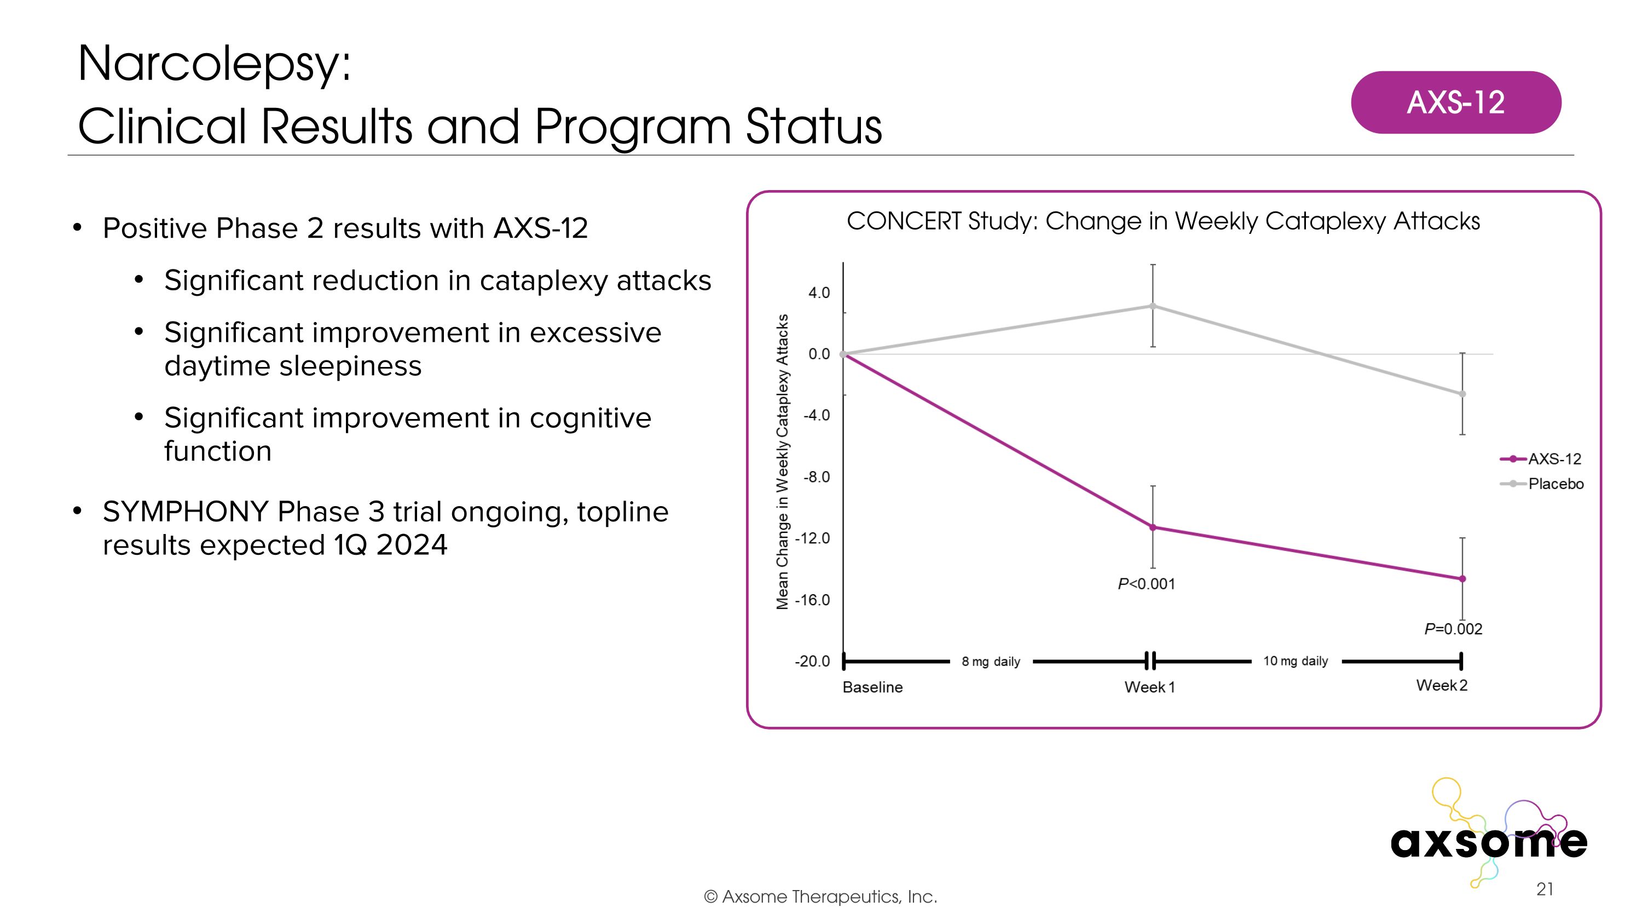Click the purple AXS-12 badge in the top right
coord(1455,102)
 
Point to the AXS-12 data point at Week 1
coord(1153,527)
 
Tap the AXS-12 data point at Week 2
coord(1462,579)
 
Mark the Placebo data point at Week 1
coord(1153,306)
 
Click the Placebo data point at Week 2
coord(1462,394)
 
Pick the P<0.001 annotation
coord(1146,584)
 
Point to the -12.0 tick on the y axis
coord(812,538)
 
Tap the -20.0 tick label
coord(812,661)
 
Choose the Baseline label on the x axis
coord(872,687)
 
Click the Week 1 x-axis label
coord(1149,687)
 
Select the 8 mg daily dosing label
coord(991,662)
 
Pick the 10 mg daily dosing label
coord(1295,661)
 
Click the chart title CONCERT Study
coord(1163,221)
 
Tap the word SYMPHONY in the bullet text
coord(186,512)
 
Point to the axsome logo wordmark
coord(1488,842)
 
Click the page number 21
coord(1545,889)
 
